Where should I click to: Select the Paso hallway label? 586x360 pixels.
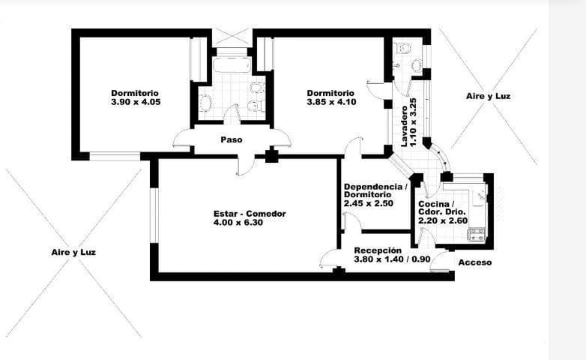tap(231, 139)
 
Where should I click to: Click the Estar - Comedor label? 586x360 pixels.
tap(250, 214)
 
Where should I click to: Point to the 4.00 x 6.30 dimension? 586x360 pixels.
tap(250, 223)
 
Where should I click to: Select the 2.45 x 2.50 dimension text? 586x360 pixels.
tap(369, 203)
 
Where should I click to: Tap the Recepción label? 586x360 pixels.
tap(378, 250)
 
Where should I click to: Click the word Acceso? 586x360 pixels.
tap(474, 262)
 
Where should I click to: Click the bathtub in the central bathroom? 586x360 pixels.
tap(233, 65)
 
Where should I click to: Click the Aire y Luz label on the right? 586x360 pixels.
tap(489, 97)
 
